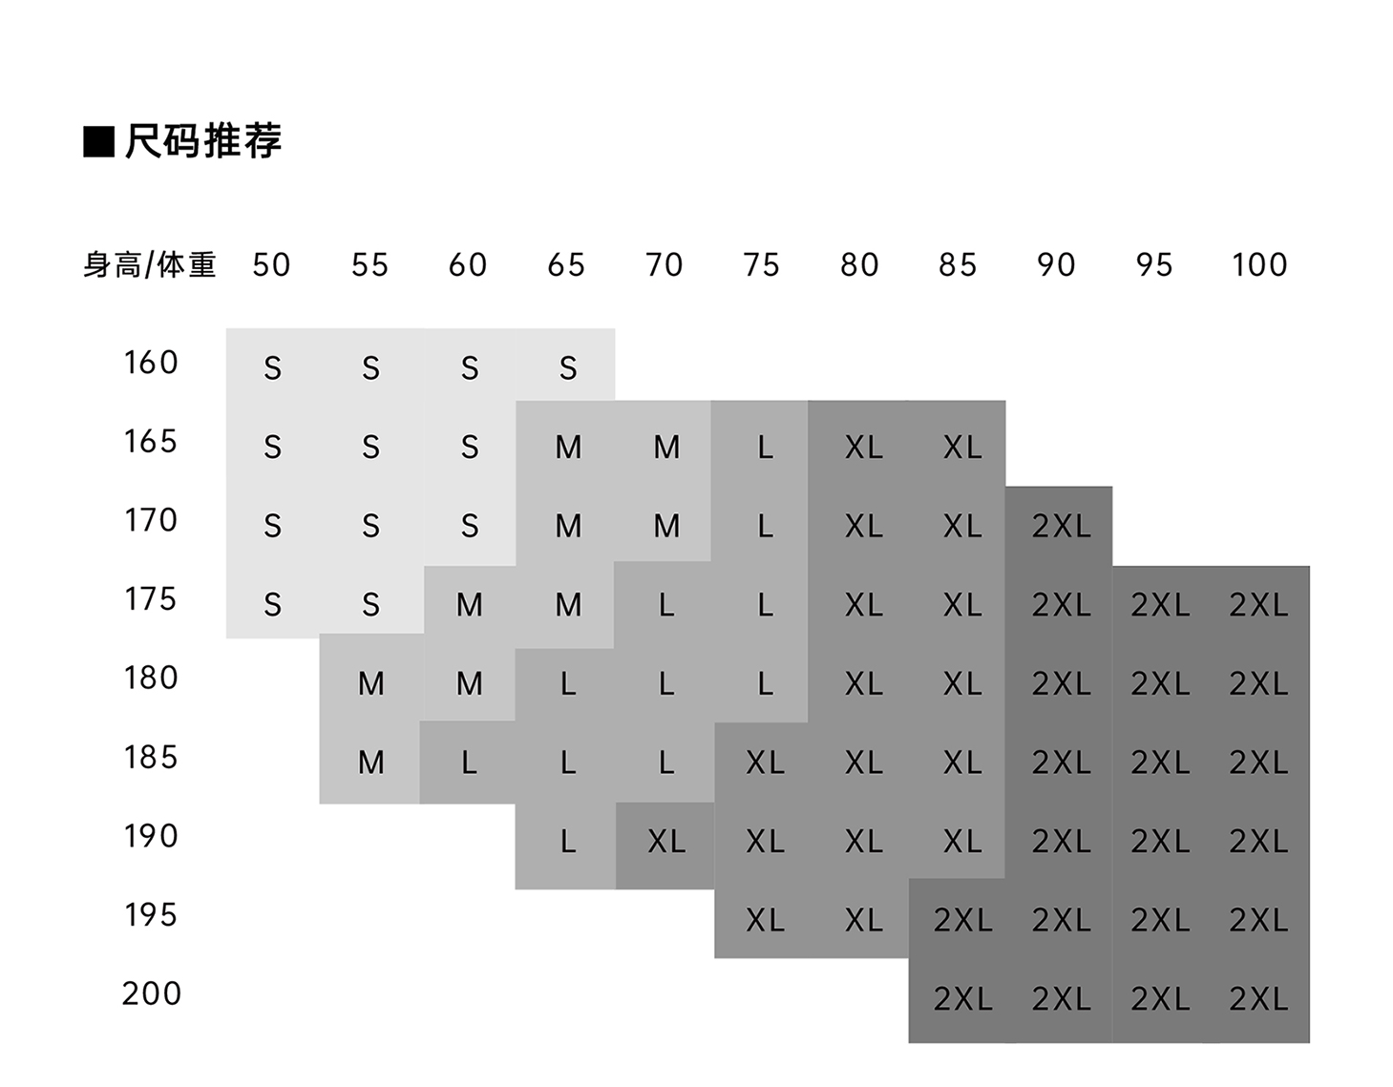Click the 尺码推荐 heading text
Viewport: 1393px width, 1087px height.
click(x=202, y=141)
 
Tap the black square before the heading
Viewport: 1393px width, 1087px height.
click(x=98, y=141)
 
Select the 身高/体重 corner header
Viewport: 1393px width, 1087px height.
click(x=150, y=264)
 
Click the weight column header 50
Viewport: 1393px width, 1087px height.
click(x=271, y=264)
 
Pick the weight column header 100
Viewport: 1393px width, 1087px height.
click(x=1258, y=264)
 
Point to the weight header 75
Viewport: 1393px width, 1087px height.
click(x=761, y=264)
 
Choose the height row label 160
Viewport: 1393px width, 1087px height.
click(x=151, y=363)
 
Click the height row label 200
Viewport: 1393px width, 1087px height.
click(x=151, y=993)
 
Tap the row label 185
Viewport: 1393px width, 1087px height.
click(x=151, y=758)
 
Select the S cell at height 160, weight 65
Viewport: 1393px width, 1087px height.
click(x=568, y=367)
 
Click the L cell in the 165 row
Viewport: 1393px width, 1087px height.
click(x=765, y=447)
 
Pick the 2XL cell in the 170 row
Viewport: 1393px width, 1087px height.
click(x=1061, y=526)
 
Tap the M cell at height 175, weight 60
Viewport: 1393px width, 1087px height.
click(x=469, y=604)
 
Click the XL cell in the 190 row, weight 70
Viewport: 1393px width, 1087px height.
click(x=666, y=841)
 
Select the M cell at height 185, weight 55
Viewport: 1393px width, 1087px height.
click(x=370, y=762)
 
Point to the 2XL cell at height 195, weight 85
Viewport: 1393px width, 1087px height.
click(x=962, y=920)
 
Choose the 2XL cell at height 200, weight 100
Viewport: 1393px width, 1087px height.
click(x=1258, y=998)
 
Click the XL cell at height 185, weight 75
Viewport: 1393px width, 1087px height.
click(x=765, y=762)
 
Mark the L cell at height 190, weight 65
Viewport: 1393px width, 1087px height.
click(x=568, y=841)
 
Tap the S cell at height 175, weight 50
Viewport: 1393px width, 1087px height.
click(x=272, y=604)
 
